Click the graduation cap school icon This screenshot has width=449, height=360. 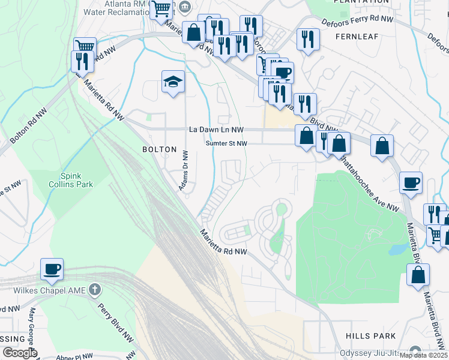pos(173,82)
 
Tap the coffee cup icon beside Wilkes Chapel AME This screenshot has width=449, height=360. pos(52,269)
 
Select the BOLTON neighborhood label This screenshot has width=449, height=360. pos(159,149)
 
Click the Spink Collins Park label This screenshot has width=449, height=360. pos(76,180)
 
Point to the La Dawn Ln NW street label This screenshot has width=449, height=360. pos(216,130)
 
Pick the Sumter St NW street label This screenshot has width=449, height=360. pos(226,143)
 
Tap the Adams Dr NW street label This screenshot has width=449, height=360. pos(183,172)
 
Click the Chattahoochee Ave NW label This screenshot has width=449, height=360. pos(367,184)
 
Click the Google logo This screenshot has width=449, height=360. pos(19,353)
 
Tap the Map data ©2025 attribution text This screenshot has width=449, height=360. pos(423,355)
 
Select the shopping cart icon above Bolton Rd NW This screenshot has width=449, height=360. pos(85,46)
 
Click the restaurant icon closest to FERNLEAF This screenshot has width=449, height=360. pos(308,39)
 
